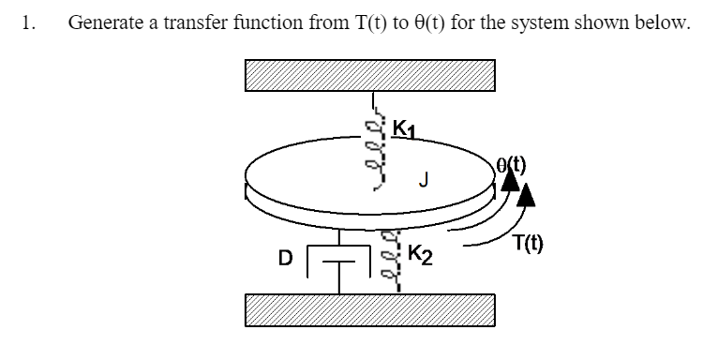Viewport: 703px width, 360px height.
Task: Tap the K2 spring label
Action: [x=419, y=253]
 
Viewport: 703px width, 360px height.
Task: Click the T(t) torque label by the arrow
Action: [x=531, y=247]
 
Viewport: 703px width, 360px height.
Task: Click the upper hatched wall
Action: [x=370, y=75]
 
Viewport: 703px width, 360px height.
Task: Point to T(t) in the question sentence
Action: [x=345, y=23]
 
